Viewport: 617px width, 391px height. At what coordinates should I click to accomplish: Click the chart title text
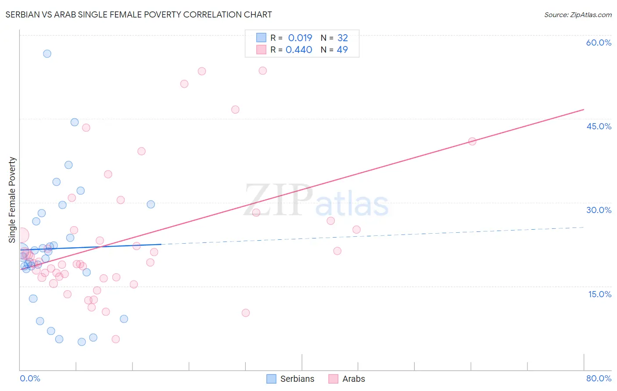(139, 14)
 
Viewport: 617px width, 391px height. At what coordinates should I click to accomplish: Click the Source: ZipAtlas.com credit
(578, 14)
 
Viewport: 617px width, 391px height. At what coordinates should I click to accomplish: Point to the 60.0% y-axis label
(599, 43)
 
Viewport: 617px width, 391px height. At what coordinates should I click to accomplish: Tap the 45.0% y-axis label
(599, 126)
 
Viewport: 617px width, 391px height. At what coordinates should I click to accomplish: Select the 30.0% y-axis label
(599, 210)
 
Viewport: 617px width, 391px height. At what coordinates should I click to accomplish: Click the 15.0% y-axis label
(599, 294)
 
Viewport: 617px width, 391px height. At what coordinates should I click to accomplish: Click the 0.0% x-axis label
(30, 378)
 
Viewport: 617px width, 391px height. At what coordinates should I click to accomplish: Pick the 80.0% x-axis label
(599, 378)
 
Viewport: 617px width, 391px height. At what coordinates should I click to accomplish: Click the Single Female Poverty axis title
(12, 200)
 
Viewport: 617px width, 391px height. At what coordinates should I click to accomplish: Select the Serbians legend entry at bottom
(291, 379)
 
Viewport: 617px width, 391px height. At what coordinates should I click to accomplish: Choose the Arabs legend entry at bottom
(347, 379)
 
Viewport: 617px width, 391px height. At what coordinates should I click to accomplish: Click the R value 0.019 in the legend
(300, 38)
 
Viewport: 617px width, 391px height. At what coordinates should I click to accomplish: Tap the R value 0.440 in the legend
(299, 50)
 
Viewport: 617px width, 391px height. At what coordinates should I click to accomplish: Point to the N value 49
(342, 50)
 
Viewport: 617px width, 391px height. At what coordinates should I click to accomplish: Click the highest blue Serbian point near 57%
(47, 54)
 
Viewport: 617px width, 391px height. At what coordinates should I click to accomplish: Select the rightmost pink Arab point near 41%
(472, 141)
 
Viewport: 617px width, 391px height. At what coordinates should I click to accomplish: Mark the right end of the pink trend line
(584, 109)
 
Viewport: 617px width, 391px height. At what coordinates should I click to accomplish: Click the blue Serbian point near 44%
(75, 122)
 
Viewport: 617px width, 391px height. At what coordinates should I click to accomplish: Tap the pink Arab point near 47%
(235, 110)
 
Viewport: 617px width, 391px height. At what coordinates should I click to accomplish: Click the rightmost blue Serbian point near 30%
(151, 204)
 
